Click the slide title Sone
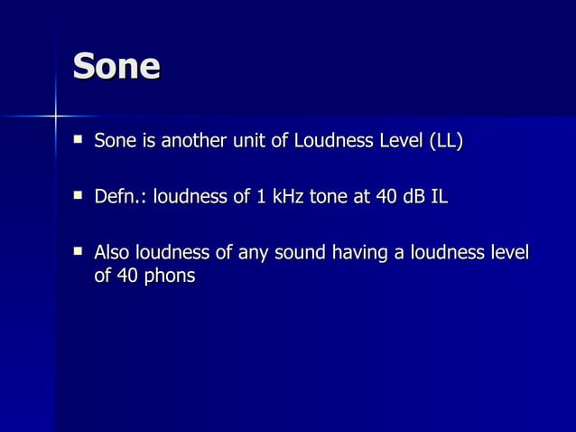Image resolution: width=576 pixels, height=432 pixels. (116, 66)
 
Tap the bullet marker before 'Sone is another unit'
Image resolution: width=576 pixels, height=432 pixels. (79, 140)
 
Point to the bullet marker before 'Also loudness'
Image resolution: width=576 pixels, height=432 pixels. (79, 249)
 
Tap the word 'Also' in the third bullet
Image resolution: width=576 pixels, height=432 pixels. (113, 251)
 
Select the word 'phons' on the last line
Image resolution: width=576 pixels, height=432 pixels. (169, 276)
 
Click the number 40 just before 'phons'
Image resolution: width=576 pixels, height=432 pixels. (127, 276)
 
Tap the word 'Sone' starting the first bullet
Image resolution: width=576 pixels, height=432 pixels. (115, 141)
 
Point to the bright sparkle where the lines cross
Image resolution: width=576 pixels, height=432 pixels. (56, 116)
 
